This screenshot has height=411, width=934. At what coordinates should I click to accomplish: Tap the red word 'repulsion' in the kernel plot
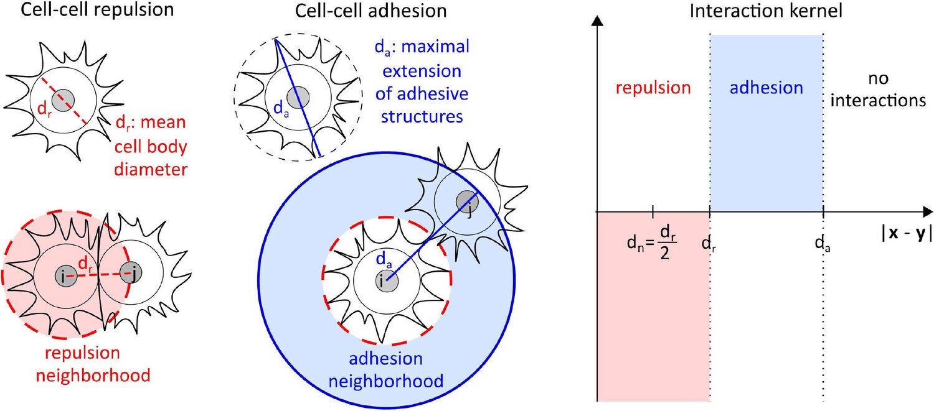(653, 88)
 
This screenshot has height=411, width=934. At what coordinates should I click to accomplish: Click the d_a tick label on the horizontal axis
(823, 244)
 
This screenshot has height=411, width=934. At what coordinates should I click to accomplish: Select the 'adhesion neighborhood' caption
(386, 370)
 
